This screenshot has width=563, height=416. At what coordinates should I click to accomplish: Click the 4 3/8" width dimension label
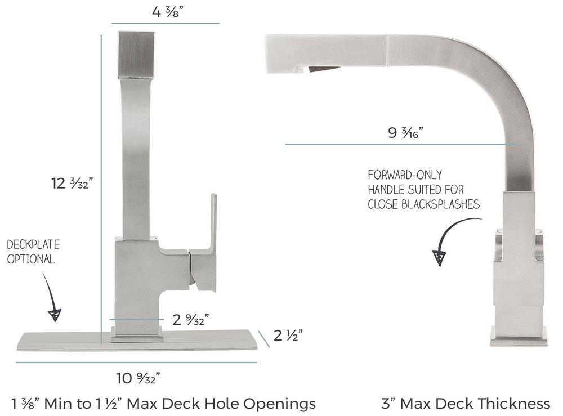[x=165, y=11]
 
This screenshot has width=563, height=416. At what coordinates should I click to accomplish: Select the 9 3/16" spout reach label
[x=405, y=133]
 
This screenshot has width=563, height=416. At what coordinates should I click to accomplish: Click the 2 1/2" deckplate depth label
[x=289, y=336]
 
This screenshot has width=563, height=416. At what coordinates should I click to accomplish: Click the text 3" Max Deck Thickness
[x=466, y=403]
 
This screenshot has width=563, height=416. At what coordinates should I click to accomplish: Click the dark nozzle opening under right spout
[x=324, y=70]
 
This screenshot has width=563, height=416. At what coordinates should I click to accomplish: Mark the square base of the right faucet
[x=518, y=336]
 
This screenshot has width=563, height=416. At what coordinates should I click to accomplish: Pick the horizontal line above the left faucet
[x=165, y=24]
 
